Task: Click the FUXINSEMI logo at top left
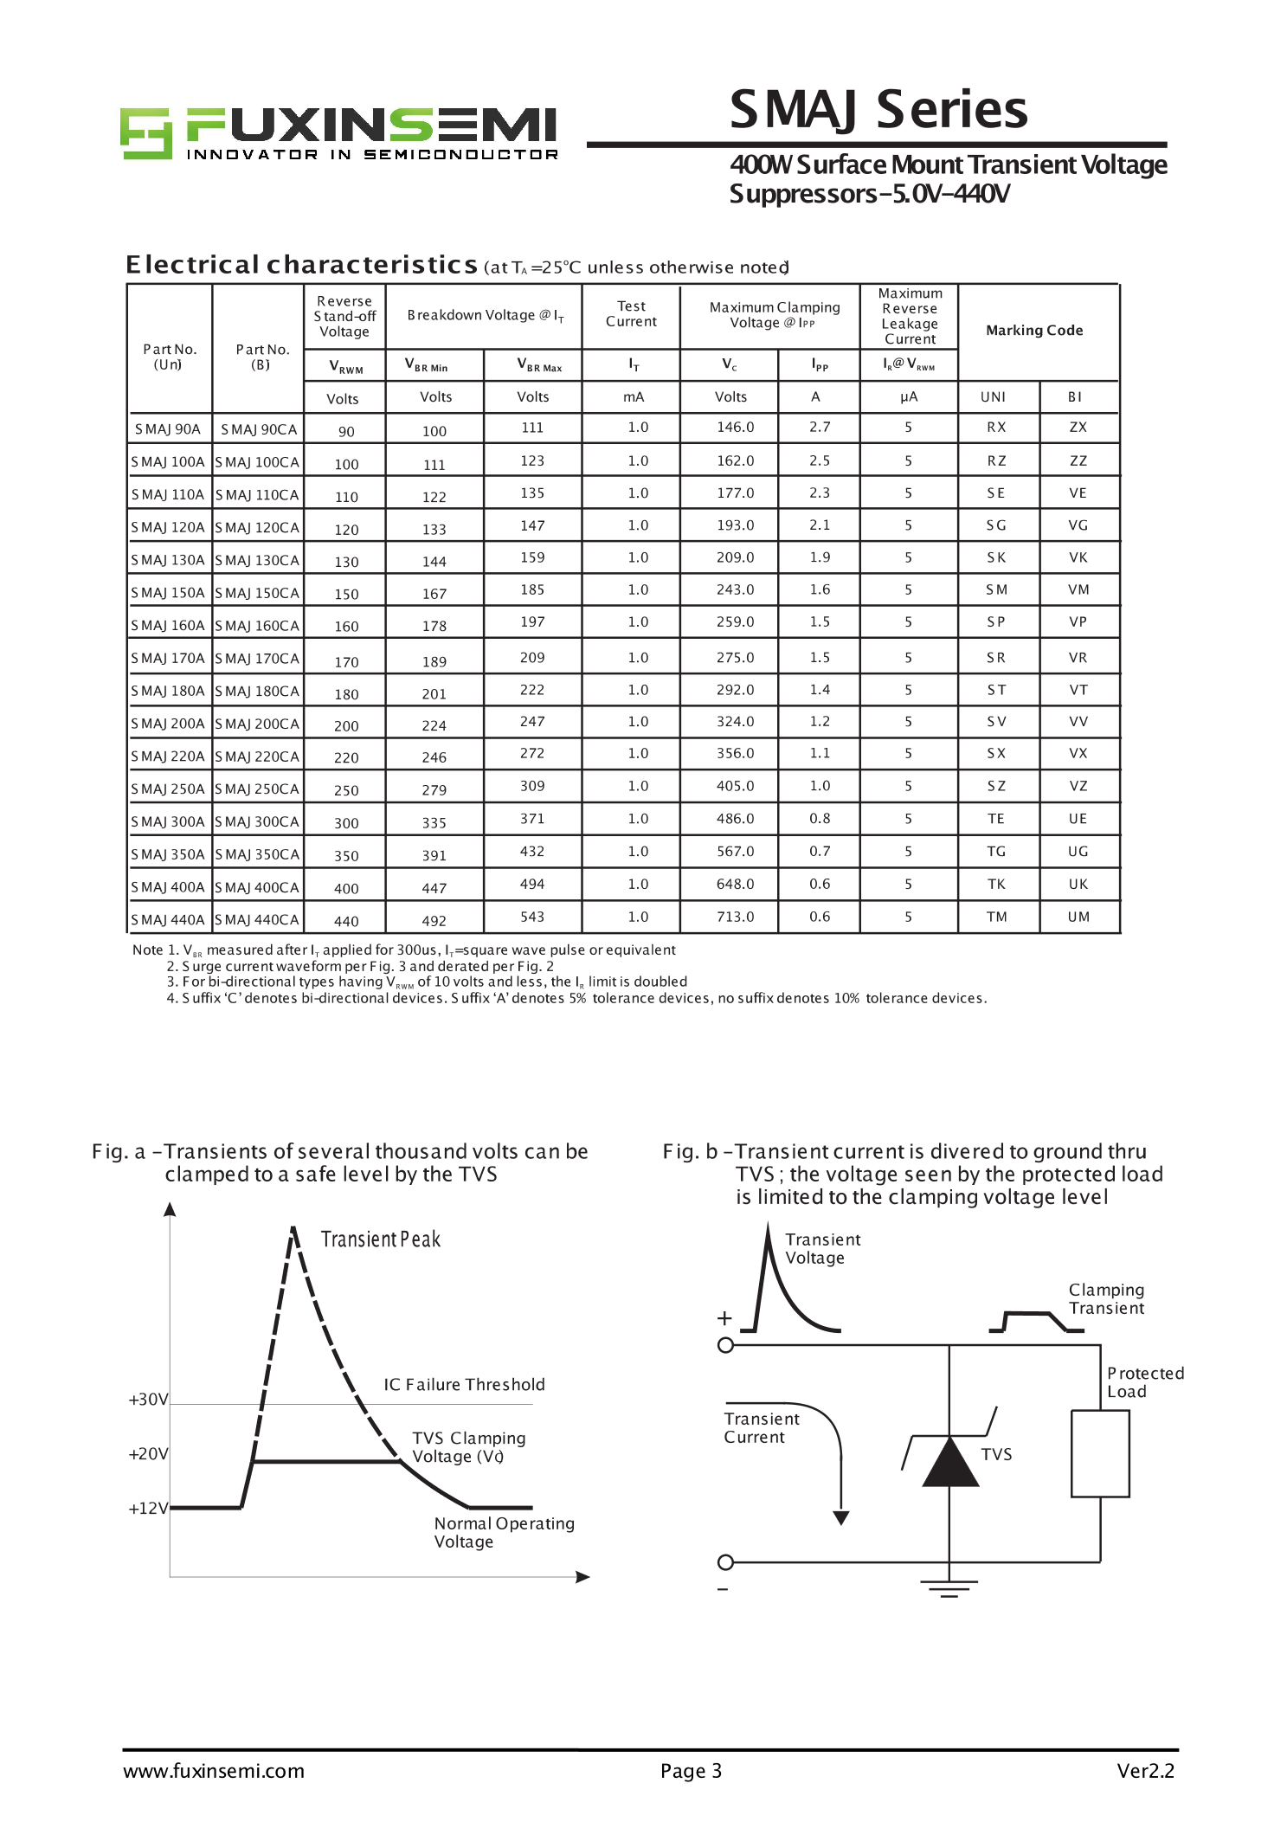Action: pyautogui.click(x=338, y=134)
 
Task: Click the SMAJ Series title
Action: pyautogui.click(x=878, y=110)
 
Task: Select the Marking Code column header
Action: pyautogui.click(x=1034, y=330)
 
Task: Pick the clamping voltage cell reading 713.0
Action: pyautogui.click(x=735, y=917)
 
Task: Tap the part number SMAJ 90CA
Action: pyautogui.click(x=258, y=429)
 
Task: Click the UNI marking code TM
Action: pyautogui.click(x=996, y=917)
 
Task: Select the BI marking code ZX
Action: pyautogui.click(x=1078, y=428)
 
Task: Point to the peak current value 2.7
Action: pyautogui.click(x=820, y=428)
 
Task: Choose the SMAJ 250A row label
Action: pyautogui.click(x=168, y=789)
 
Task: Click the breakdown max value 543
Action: pyautogui.click(x=532, y=917)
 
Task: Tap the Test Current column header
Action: pyautogui.click(x=631, y=313)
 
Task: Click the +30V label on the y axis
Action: pyautogui.click(x=148, y=1400)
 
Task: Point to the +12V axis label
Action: pyautogui.click(x=148, y=1509)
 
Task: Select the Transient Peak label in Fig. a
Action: pyautogui.click(x=380, y=1239)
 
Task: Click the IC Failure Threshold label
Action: pyautogui.click(x=464, y=1385)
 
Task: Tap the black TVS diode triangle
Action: pyautogui.click(x=949, y=1464)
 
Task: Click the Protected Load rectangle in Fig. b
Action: pyautogui.click(x=1100, y=1453)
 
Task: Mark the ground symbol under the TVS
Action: pyautogui.click(x=949, y=1587)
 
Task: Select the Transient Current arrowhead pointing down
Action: pyautogui.click(x=840, y=1517)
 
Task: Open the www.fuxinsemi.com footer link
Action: pyautogui.click(x=214, y=1771)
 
